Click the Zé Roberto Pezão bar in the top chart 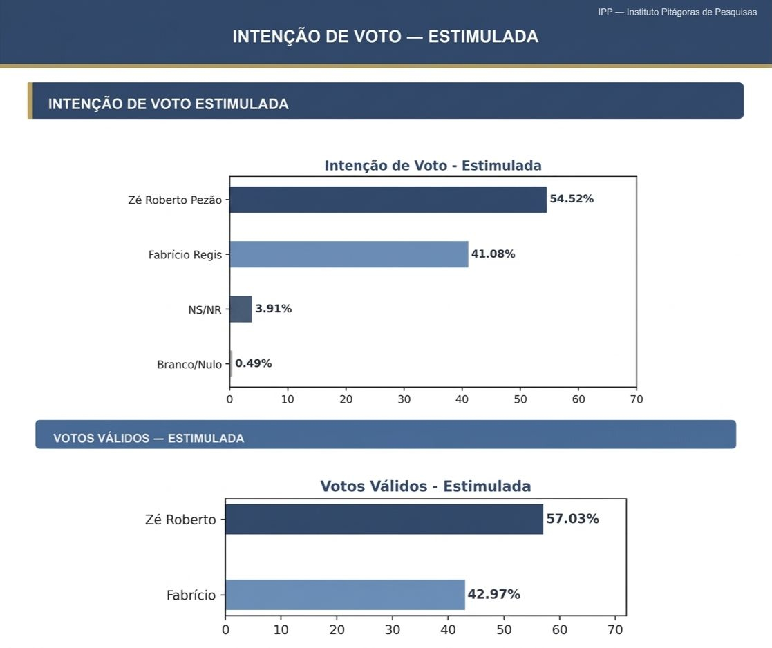click(388, 200)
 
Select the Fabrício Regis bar click(348, 254)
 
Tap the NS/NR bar click(241, 309)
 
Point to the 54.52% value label click(572, 199)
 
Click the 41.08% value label click(493, 254)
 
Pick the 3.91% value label click(274, 309)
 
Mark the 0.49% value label click(254, 363)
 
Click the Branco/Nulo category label click(189, 364)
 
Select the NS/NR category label click(205, 310)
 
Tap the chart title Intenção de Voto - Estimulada click(433, 166)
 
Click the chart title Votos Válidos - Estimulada click(425, 486)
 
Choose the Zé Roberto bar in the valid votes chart click(384, 519)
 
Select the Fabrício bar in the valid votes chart click(345, 595)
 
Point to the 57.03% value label click(572, 519)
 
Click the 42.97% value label click(493, 595)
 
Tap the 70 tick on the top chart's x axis click(637, 399)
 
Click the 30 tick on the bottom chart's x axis click(393, 630)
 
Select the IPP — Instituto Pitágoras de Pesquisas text click(677, 12)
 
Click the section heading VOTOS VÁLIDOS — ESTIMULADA click(149, 439)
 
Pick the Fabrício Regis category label click(185, 255)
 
